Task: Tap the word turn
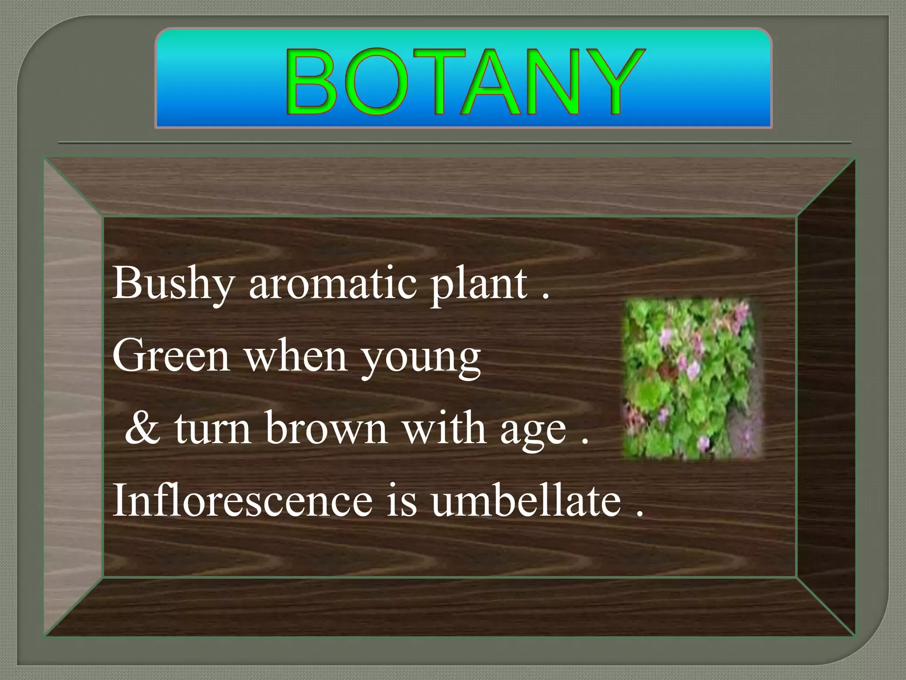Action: (213, 428)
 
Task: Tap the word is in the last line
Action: (402, 500)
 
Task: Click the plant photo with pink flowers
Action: (693, 379)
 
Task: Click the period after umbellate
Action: (639, 514)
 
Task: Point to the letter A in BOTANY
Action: (491, 82)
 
